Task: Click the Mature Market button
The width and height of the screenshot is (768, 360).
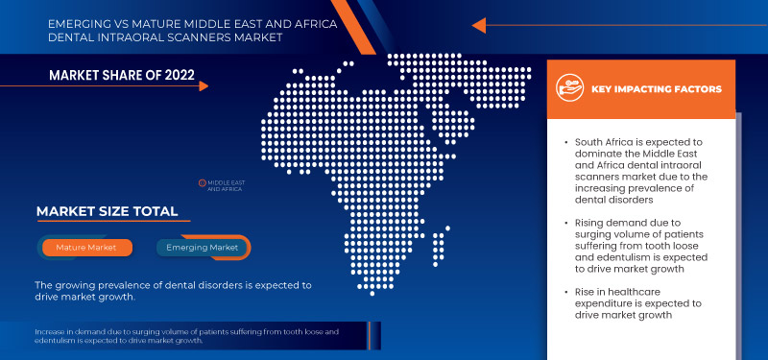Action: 86,248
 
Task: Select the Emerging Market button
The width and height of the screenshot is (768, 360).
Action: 203,248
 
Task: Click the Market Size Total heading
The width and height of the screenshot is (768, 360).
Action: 107,211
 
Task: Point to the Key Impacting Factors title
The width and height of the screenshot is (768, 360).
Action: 658,89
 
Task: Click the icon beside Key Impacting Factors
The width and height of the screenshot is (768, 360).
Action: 571,89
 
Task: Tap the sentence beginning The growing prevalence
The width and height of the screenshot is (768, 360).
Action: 173,291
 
